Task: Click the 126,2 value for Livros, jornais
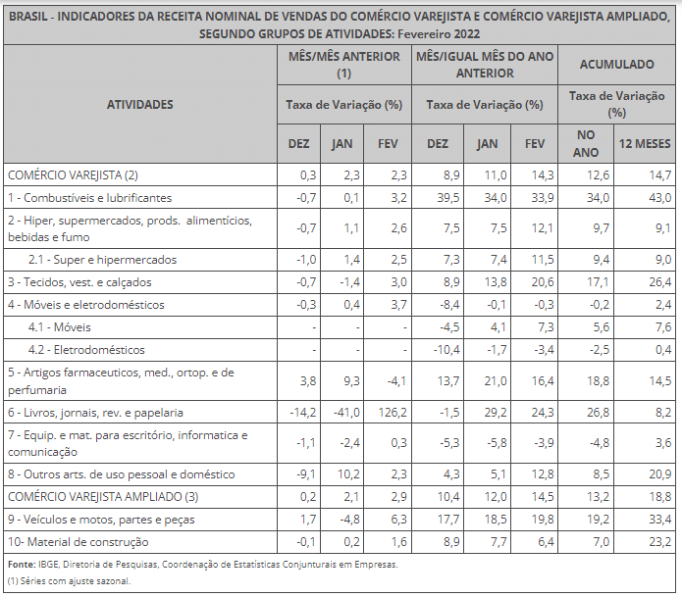[393, 412]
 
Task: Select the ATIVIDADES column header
[140, 104]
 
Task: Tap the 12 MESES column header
[645, 143]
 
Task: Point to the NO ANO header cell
[586, 143]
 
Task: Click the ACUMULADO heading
[617, 65]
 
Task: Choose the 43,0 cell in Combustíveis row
[659, 198]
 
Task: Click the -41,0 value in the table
[346, 412]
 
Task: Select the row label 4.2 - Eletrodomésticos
[86, 350]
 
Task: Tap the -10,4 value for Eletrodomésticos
[446, 350]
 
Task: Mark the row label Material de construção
[79, 542]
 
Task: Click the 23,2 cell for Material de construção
[659, 542]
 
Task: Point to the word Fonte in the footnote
[22, 565]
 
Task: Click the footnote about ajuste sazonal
[69, 581]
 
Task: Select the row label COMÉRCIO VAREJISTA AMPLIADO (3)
[103, 497]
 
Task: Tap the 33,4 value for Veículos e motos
[659, 520]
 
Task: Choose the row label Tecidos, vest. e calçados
[79, 282]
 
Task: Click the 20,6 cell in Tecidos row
[543, 282]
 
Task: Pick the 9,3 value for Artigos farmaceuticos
[351, 380]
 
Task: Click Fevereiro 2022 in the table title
[439, 34]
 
